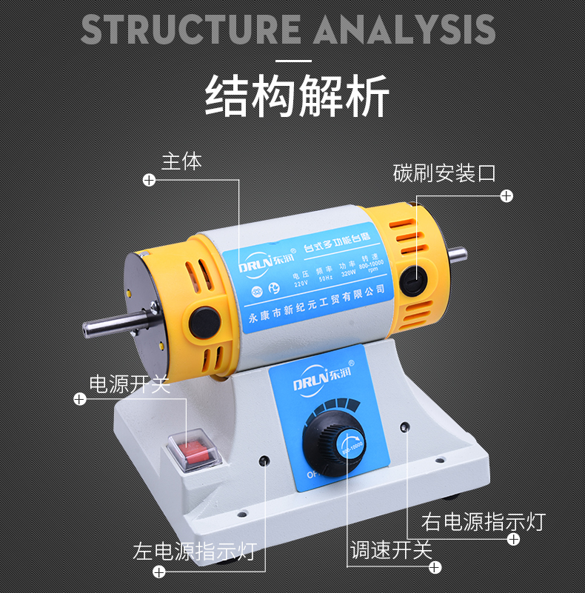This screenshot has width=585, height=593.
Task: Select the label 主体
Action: [x=181, y=161]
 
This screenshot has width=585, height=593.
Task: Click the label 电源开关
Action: [x=129, y=383]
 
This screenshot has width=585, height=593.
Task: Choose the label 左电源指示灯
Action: [x=194, y=552]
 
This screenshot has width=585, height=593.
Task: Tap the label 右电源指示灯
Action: [x=483, y=521]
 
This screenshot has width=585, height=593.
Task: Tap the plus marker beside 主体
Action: [x=149, y=180]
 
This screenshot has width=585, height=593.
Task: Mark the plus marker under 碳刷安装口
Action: [x=507, y=195]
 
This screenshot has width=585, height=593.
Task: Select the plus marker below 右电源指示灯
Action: [x=512, y=540]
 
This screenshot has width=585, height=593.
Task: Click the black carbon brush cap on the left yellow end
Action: [x=204, y=321]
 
